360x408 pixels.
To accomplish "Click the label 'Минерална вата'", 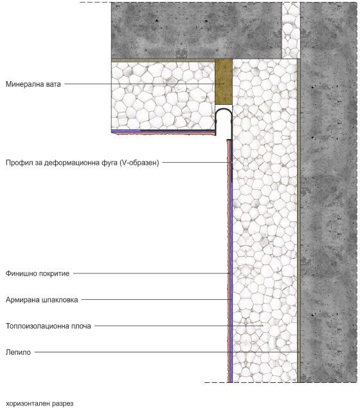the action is (33, 84).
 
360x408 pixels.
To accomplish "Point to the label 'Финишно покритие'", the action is (37, 274).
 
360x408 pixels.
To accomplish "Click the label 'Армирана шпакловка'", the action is (42, 300).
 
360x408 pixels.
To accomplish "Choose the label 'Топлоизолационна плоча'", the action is (48, 326).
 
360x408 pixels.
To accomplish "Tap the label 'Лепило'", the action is (18, 352).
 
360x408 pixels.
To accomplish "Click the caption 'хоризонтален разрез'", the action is (39, 403).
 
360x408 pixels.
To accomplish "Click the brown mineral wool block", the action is (224, 82).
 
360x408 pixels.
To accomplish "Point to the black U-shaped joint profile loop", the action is (224, 109).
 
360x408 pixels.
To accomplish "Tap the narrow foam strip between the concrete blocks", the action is (291, 30).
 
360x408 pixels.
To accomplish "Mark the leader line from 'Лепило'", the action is (166, 352).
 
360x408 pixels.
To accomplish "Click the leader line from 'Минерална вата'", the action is (144, 84).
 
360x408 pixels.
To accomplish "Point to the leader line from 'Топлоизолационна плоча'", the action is (179, 326).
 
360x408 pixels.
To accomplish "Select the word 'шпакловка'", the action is (60, 300).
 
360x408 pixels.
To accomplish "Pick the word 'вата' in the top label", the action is (53, 84).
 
